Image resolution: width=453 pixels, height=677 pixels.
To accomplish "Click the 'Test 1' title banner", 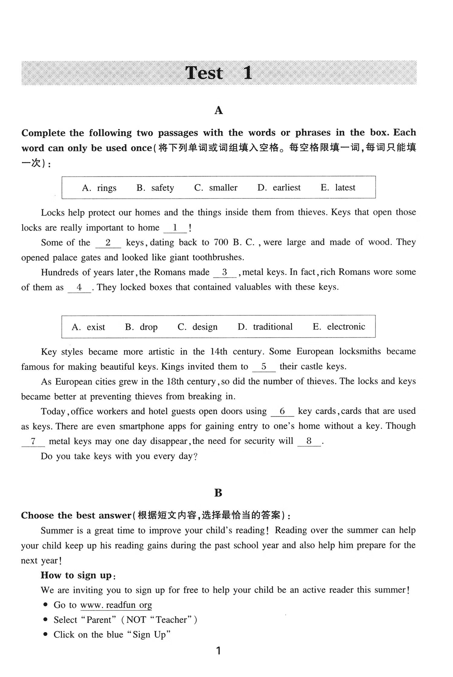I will [219, 73].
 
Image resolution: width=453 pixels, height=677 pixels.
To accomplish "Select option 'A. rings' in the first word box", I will [99, 188].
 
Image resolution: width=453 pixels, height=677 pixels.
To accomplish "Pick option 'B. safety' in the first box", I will [155, 188].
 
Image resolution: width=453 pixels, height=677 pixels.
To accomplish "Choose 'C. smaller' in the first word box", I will [216, 188].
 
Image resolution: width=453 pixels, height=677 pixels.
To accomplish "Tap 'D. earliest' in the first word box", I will [279, 188].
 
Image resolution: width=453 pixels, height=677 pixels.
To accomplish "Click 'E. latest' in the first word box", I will [338, 188].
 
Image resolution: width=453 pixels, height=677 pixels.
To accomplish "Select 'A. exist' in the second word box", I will [88, 327].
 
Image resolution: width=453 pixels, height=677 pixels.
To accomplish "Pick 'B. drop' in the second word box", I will [141, 327].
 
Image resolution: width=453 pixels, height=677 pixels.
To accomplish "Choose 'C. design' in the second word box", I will [197, 327].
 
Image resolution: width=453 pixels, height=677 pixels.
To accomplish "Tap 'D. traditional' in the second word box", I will [265, 327].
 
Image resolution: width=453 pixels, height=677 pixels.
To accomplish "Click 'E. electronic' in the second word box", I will [339, 327].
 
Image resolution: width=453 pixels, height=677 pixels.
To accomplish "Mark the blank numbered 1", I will [175, 228].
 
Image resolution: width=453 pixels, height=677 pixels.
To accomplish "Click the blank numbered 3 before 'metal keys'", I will [225, 272].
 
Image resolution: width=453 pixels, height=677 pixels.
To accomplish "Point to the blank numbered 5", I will [264, 367].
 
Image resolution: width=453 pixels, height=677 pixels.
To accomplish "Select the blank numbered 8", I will [309, 441].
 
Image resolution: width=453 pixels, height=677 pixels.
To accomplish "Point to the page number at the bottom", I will [219, 651].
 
